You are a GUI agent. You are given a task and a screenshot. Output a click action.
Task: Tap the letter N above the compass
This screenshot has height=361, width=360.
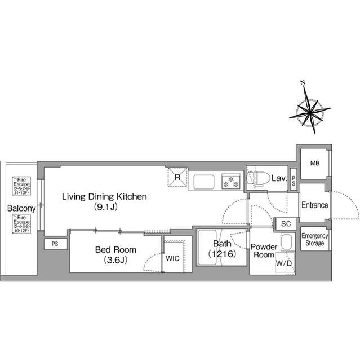tap(303, 83)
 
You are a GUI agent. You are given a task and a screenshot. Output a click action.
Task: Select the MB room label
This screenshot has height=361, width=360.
tap(314, 164)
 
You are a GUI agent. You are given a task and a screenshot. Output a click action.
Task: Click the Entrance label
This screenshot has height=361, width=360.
tap(314, 205)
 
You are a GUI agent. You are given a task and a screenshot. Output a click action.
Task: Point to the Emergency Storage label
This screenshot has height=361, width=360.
tap(314, 239)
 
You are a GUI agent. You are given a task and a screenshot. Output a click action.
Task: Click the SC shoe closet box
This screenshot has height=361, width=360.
tap(286, 224)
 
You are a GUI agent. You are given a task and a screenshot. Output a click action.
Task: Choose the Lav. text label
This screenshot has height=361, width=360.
tap(279, 179)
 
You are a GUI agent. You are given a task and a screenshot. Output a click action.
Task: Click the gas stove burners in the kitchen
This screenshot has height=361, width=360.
tap(231, 182)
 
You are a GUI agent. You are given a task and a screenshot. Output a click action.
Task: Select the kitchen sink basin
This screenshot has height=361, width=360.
tap(202, 182)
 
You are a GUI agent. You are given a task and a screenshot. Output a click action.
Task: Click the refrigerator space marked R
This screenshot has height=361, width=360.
tap(177, 178)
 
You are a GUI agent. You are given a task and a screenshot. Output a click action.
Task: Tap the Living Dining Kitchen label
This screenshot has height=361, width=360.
tap(104, 197)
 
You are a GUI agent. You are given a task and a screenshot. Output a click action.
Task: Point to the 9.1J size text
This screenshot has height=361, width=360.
tap(104, 207)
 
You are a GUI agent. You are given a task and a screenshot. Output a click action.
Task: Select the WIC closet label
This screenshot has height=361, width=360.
tap(173, 258)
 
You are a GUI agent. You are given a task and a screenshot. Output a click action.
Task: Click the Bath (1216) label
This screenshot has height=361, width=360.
tap(221, 249)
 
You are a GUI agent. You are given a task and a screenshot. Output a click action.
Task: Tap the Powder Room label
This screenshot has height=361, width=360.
tap(264, 250)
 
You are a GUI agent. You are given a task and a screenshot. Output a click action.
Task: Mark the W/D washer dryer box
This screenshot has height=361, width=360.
tap(283, 263)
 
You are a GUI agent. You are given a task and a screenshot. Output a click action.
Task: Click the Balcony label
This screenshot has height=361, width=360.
tap(21, 208)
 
